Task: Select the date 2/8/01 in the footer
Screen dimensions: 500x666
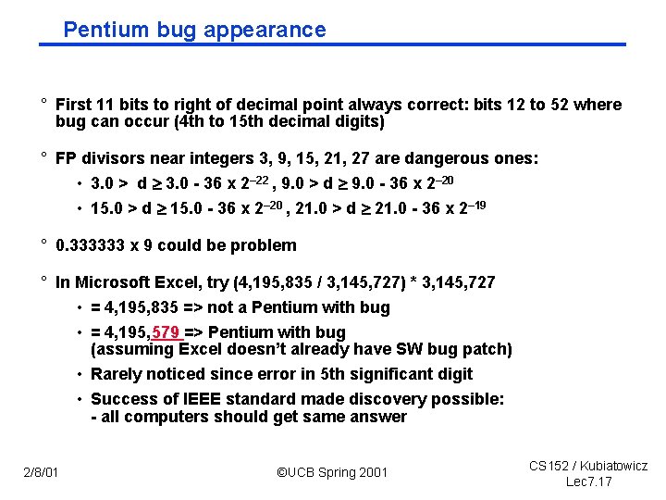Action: pyautogui.click(x=42, y=473)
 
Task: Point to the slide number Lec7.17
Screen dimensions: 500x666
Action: pyautogui.click(x=589, y=481)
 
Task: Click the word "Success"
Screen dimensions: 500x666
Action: pyautogui.click(x=122, y=399)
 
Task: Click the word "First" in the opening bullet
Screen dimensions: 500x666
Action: pyautogui.click(x=73, y=105)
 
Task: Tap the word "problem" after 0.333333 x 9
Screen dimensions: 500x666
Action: pyautogui.click(x=265, y=245)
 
